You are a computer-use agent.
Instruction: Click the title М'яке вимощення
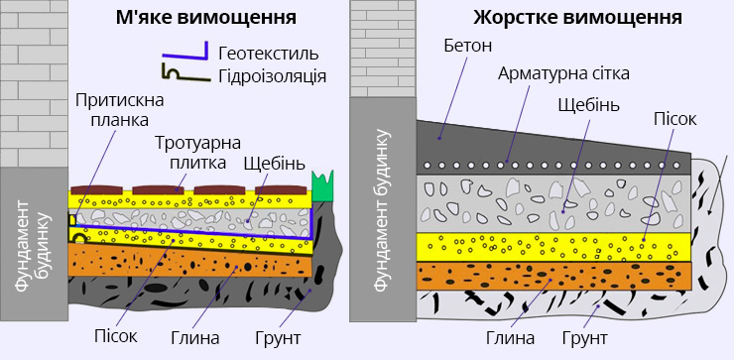click(x=205, y=19)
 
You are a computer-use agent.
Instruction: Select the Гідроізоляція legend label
click(x=271, y=76)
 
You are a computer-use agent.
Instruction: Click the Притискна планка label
click(x=111, y=109)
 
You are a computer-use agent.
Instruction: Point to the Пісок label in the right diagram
click(x=674, y=118)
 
